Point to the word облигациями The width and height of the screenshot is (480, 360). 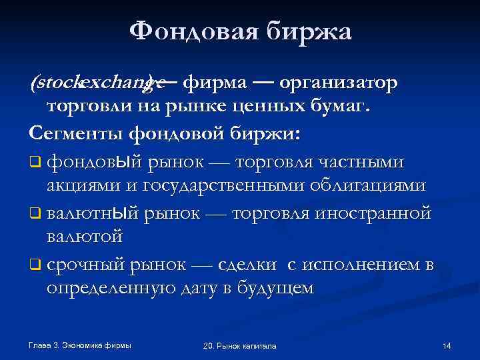(373, 185)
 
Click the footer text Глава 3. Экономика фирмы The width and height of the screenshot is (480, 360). (81, 345)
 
